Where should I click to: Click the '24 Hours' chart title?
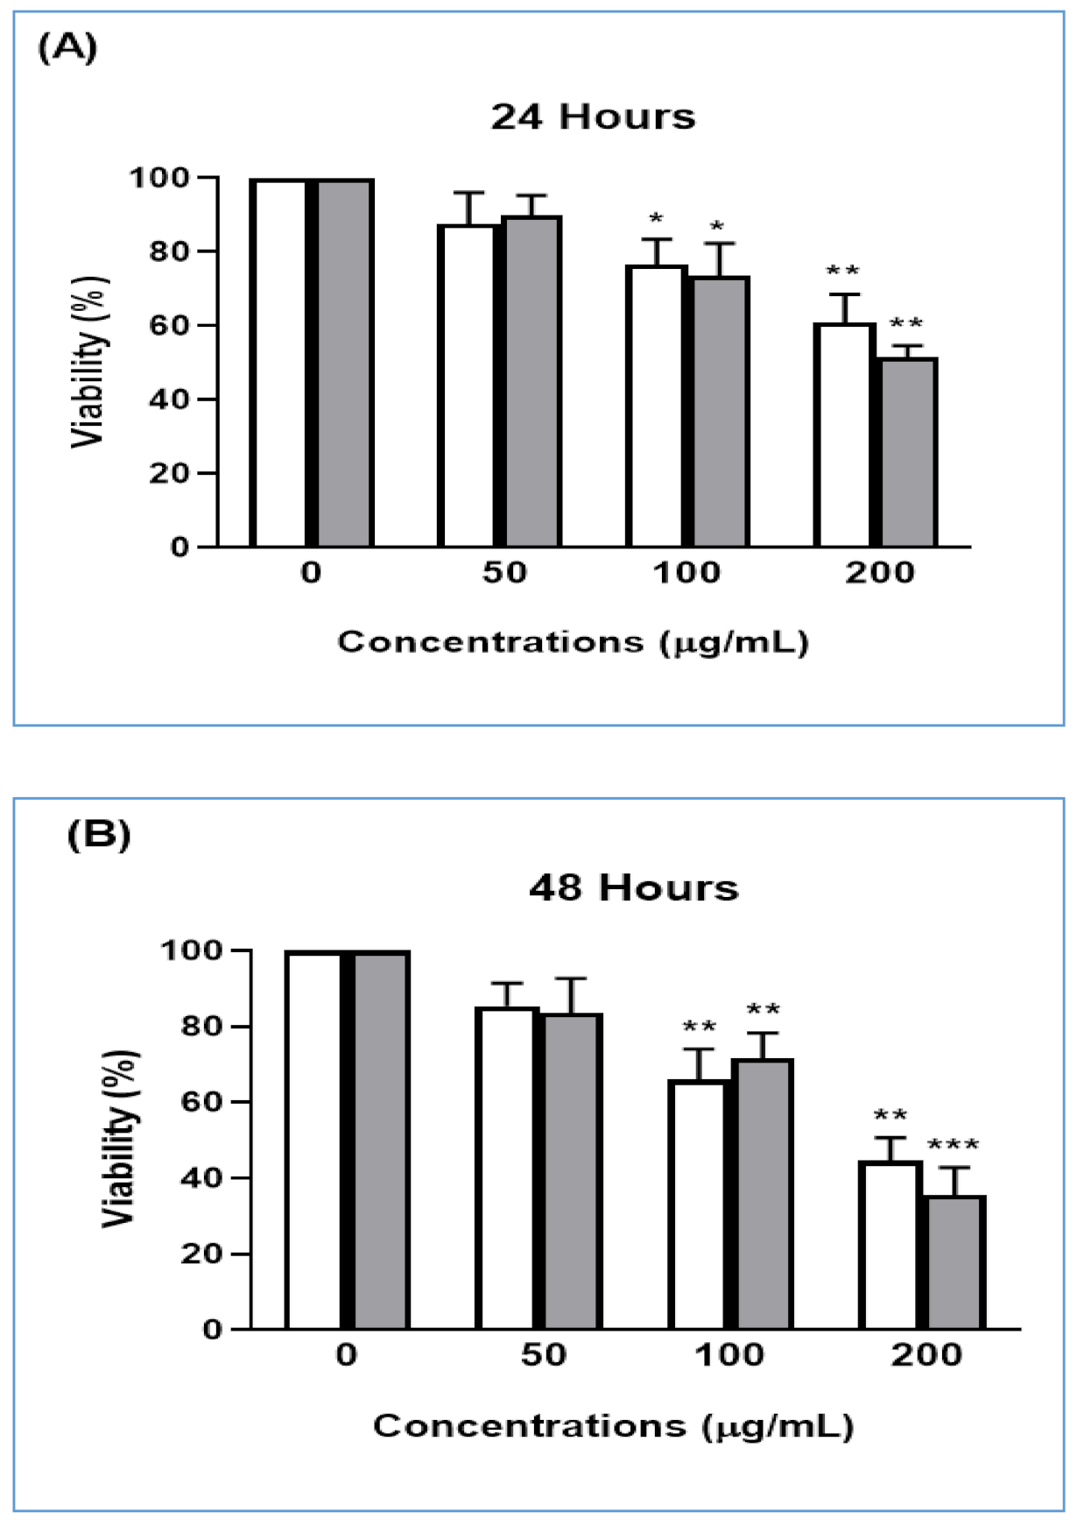(x=593, y=117)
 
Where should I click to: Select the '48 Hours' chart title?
(x=633, y=887)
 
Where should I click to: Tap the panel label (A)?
(x=67, y=47)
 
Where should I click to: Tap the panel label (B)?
(x=98, y=834)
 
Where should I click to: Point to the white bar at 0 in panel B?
(x=313, y=1139)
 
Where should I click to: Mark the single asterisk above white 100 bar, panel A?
(x=656, y=218)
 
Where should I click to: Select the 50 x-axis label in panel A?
(x=504, y=573)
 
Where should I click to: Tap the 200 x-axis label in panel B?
(x=926, y=1354)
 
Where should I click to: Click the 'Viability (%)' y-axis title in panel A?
(x=89, y=362)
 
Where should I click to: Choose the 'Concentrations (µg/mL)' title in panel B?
(x=613, y=1426)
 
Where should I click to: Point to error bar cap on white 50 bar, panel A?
(x=469, y=193)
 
